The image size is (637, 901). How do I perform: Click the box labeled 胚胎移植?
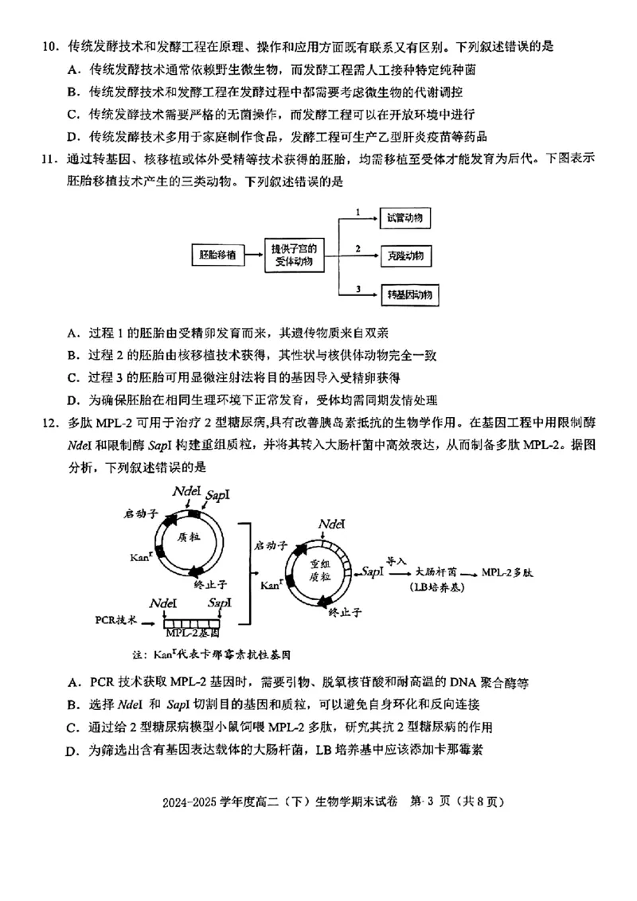coord(217,255)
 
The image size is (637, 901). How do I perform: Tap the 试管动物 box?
coord(409,218)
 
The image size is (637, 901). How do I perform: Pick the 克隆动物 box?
coord(409,255)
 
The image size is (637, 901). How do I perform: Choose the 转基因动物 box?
coord(409,294)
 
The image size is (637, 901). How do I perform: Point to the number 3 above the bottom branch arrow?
coord(358,287)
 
